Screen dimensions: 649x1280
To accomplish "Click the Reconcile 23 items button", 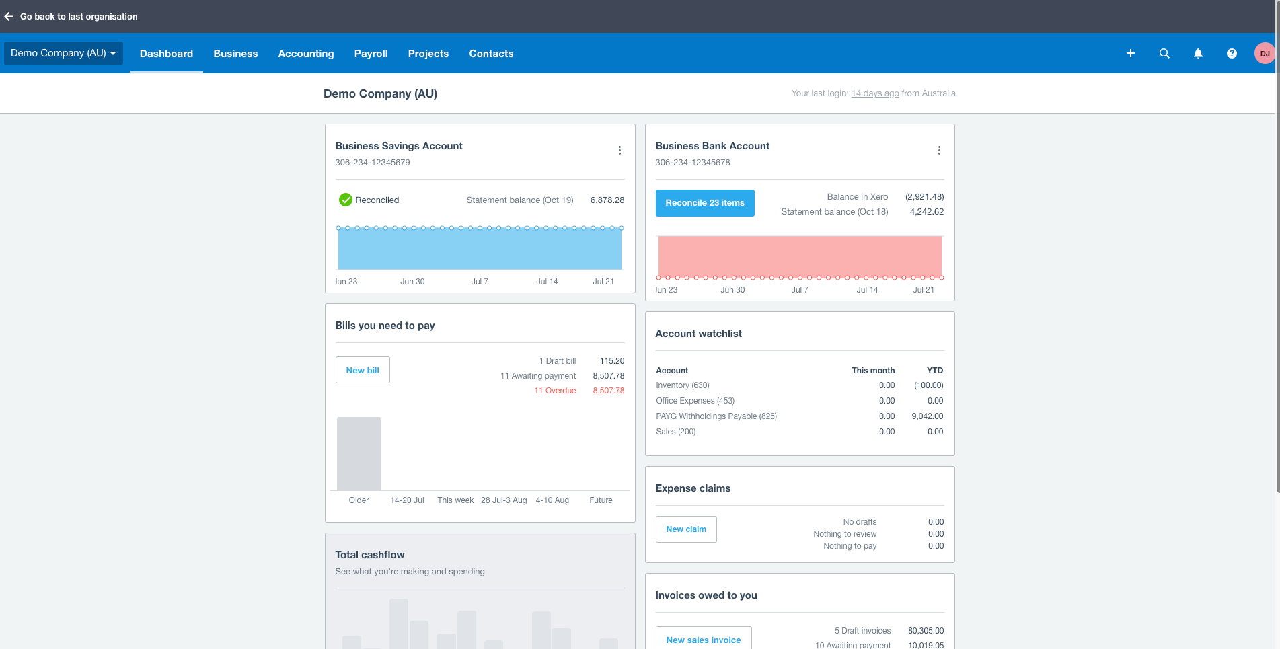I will (x=705, y=203).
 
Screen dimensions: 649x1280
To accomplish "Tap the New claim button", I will (x=686, y=529).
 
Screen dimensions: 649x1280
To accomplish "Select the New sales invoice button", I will (x=704, y=640).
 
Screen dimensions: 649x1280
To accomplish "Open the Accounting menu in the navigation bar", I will (x=306, y=54).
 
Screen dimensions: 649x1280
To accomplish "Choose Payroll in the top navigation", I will (x=371, y=54).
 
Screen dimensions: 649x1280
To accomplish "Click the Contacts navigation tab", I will (x=491, y=54).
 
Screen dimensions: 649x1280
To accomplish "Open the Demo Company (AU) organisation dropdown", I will (x=63, y=53).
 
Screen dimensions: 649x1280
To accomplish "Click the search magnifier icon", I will (x=1164, y=54).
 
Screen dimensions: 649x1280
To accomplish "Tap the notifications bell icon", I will (x=1198, y=54).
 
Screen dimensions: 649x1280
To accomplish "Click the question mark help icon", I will (x=1232, y=54).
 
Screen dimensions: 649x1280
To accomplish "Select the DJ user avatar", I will (x=1265, y=54).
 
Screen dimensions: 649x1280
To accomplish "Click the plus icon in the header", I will (x=1131, y=54).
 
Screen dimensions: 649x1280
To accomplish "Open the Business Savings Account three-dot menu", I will (x=619, y=151).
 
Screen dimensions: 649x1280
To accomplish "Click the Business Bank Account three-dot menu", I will (x=939, y=151).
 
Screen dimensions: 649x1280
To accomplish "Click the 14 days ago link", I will (x=875, y=93).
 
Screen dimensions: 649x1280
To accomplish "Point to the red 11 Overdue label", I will (x=555, y=391).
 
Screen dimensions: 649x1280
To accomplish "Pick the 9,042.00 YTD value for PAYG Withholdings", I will (x=927, y=416).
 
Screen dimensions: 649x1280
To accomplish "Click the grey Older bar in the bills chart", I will (x=359, y=454).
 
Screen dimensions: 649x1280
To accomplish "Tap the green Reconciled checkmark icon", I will (x=346, y=200).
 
